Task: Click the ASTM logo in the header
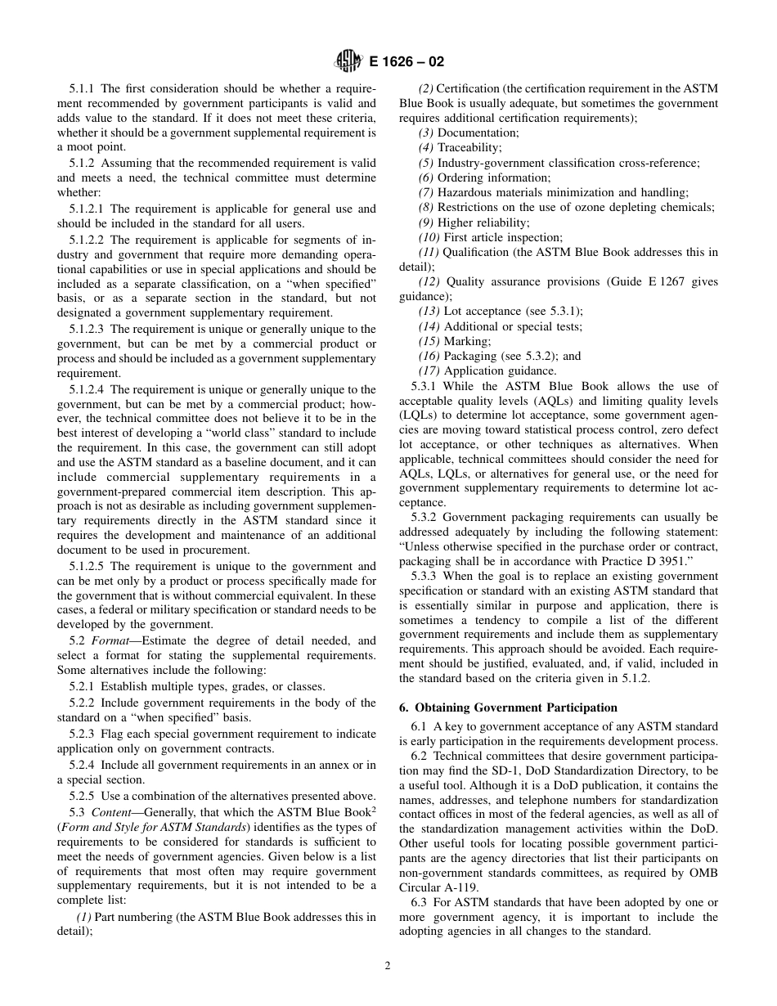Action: click(349, 61)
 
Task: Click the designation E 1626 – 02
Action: click(407, 61)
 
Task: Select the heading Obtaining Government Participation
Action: click(516, 707)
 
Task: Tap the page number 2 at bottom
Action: click(388, 965)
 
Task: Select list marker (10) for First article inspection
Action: click(429, 237)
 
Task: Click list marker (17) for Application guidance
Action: click(429, 371)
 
